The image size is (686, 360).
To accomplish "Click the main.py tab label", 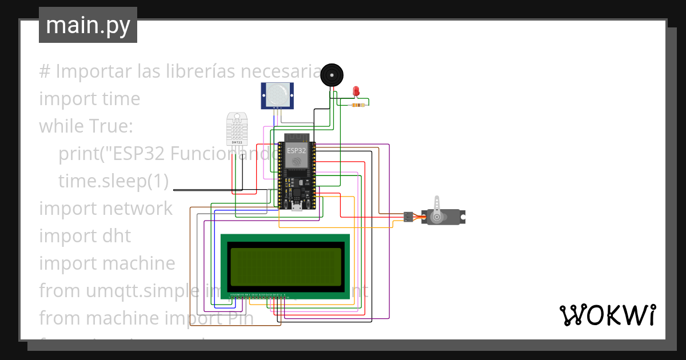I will click(88, 25).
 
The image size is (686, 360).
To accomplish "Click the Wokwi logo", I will click(607, 315).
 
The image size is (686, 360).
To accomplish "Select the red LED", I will click(356, 91).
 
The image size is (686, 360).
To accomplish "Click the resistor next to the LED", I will click(358, 105).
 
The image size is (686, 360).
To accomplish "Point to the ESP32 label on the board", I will click(296, 150).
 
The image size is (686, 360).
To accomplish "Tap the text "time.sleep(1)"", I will click(113, 181).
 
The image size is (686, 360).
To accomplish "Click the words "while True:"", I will click(86, 126).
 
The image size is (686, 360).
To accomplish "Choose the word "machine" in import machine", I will click(139, 263).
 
